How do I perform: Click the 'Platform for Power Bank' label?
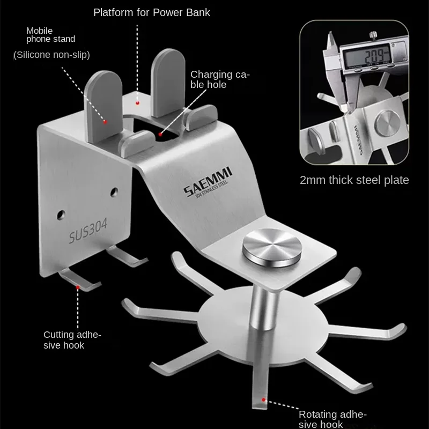[x=152, y=12]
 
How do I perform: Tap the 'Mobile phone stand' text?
[x=50, y=35]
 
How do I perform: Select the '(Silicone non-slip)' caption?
[x=51, y=55]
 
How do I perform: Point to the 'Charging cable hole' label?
[x=220, y=79]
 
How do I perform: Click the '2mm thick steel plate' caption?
[x=354, y=180]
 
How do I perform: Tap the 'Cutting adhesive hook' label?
[x=72, y=340]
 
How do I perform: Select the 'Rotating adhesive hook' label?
[x=332, y=419]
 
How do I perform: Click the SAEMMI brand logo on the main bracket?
[x=208, y=182]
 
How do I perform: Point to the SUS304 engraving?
[x=88, y=231]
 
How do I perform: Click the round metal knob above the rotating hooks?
[x=272, y=247]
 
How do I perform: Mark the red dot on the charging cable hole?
[x=160, y=135]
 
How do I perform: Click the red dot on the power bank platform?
[x=137, y=103]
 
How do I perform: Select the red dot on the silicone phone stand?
[x=105, y=122]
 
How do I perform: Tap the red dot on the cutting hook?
[x=78, y=287]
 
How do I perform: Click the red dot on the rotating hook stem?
[x=263, y=400]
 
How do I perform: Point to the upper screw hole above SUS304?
[x=114, y=192]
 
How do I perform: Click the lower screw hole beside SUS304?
[x=61, y=215]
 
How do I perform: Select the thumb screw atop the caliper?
[x=373, y=35]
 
